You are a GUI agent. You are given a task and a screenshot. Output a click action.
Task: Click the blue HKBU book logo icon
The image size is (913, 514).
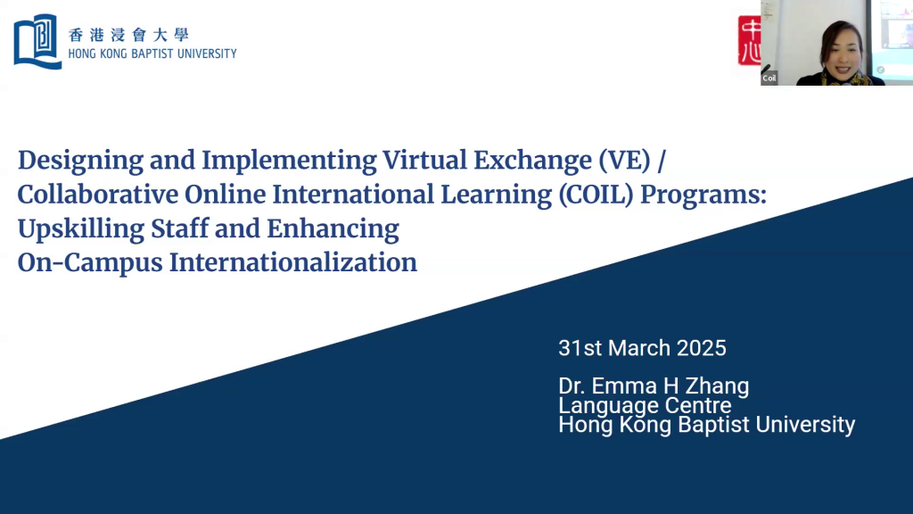tap(37, 41)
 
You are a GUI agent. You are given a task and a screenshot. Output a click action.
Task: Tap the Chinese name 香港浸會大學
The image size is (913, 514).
tap(128, 35)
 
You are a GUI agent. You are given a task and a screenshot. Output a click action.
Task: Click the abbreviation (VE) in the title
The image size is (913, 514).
tap(625, 161)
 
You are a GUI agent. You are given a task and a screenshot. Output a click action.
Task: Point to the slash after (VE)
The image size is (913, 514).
tap(662, 161)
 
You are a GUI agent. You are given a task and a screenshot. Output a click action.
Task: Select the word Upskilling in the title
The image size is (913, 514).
tap(81, 229)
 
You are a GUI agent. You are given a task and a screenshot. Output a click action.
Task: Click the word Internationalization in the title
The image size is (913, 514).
tap(292, 262)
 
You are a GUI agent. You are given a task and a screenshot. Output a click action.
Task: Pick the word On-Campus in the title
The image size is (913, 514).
tap(90, 263)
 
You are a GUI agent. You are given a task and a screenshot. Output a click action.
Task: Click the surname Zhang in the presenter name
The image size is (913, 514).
tap(717, 386)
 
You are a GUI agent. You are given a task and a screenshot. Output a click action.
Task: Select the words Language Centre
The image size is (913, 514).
tap(645, 405)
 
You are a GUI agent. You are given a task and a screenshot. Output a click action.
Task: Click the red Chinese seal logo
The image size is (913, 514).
tap(749, 40)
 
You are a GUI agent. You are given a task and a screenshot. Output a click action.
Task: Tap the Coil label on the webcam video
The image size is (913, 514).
tap(769, 79)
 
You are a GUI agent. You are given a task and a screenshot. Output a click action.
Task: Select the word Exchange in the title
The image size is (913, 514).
tap(532, 162)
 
